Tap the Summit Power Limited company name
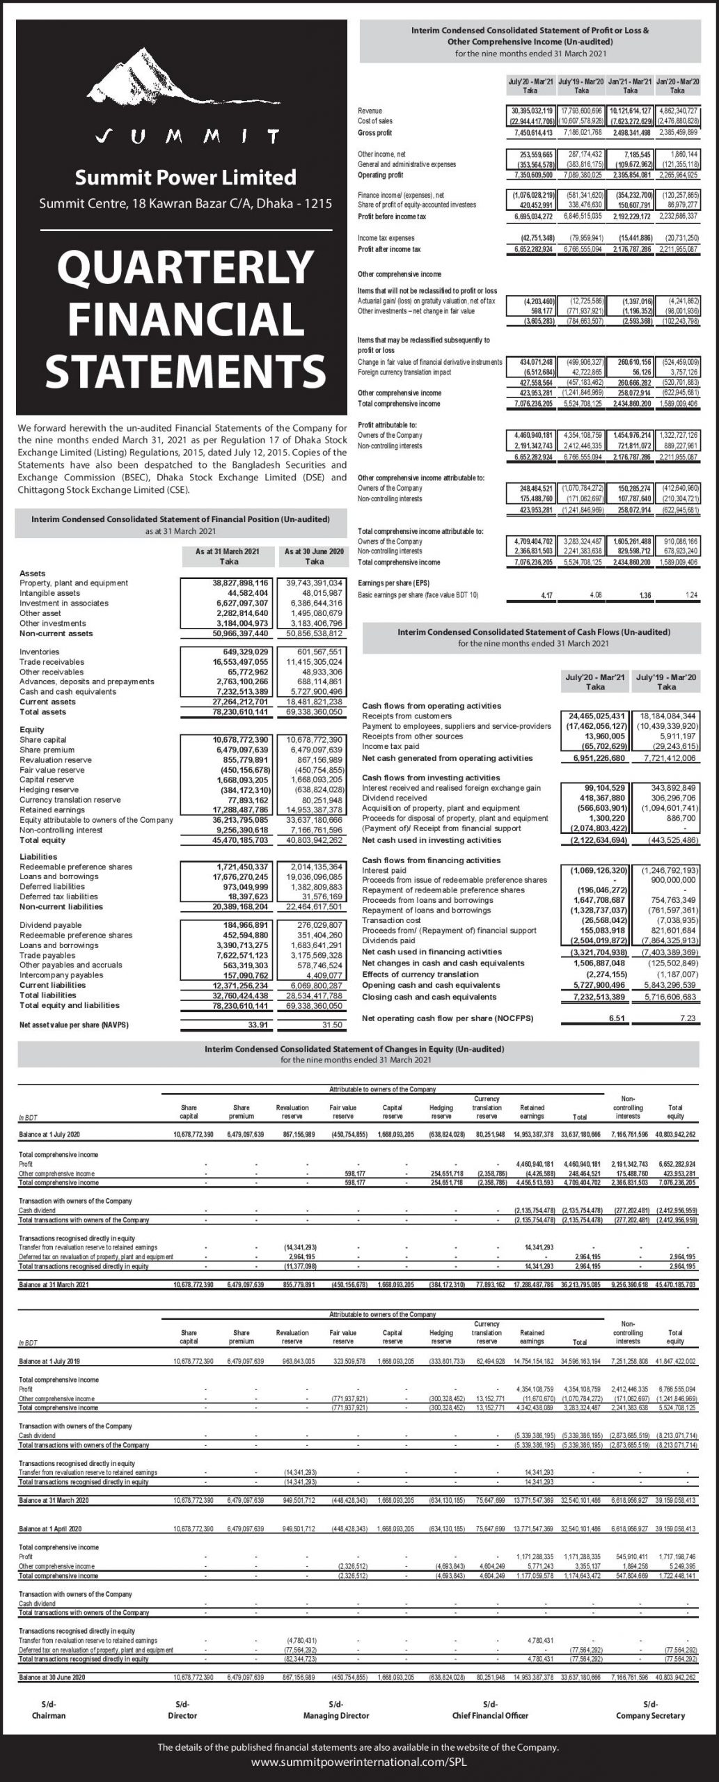(x=185, y=178)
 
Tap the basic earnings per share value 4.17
(x=546, y=596)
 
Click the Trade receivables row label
(x=52, y=662)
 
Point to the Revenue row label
(x=370, y=111)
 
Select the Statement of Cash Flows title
(x=534, y=633)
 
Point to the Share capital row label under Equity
(x=42, y=740)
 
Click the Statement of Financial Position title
(x=180, y=519)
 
